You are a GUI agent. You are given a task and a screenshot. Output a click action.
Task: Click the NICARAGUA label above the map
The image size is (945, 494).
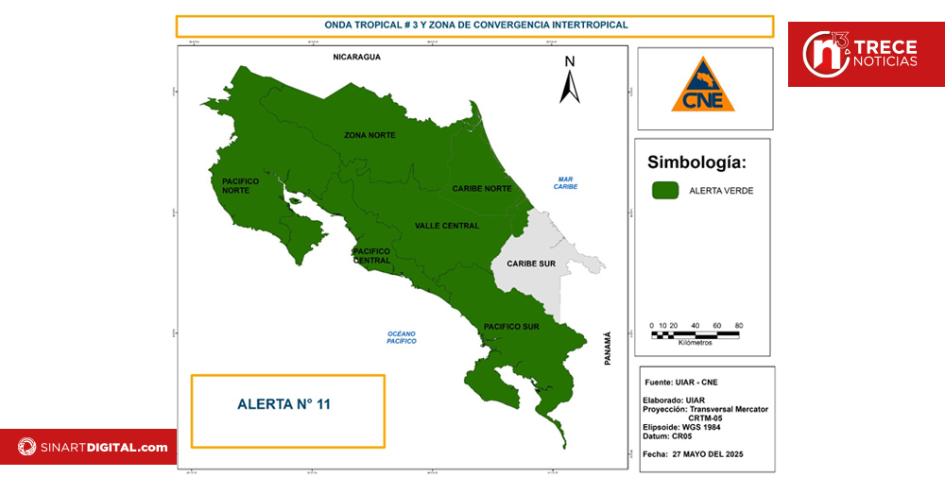click(355, 58)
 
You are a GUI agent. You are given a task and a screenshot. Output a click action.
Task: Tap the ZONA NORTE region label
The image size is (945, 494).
click(369, 135)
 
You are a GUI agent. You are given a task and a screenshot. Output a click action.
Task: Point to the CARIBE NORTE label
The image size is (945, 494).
click(481, 188)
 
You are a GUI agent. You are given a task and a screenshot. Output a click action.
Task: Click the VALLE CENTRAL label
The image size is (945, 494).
click(447, 226)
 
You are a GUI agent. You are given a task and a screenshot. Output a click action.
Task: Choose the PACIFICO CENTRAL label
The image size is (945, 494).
click(371, 255)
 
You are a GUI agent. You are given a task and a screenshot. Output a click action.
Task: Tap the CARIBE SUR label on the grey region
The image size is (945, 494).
click(531, 264)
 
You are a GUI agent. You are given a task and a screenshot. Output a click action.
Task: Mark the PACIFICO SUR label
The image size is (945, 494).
click(511, 327)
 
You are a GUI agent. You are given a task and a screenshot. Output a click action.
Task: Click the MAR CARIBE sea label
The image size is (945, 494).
click(566, 182)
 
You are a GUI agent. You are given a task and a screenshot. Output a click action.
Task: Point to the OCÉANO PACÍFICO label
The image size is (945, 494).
click(402, 337)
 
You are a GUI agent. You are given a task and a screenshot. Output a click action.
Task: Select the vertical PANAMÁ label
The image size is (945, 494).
click(608, 349)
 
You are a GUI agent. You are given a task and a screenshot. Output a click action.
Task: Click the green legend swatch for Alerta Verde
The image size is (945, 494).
click(665, 191)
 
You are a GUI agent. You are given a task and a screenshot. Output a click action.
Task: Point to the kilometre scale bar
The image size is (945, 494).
click(696, 332)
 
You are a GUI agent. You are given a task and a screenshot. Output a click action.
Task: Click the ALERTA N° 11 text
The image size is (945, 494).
click(283, 404)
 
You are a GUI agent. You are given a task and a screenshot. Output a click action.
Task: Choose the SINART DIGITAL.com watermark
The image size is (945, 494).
click(91, 447)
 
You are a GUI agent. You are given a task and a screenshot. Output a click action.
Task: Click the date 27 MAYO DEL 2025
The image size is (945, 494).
click(707, 454)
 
